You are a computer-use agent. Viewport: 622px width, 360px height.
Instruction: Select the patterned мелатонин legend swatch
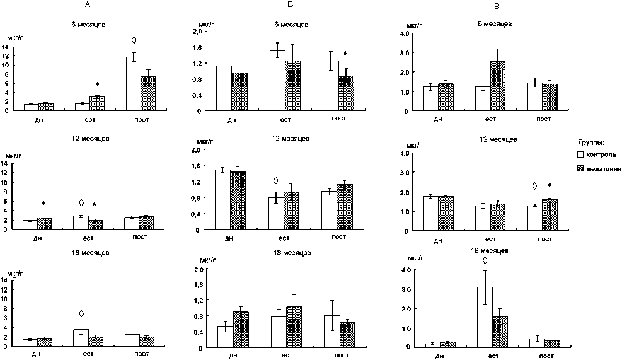582,168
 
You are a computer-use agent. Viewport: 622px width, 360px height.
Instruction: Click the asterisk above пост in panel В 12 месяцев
550,186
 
